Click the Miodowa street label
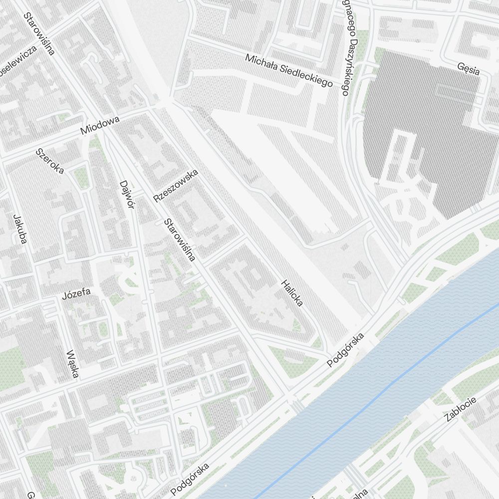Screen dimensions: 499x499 [100, 125]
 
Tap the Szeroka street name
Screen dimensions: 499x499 [50, 161]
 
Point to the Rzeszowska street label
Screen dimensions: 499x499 [176, 186]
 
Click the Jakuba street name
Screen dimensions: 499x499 [20, 229]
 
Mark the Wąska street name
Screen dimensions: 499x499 [72, 363]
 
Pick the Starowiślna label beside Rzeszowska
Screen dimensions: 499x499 [180, 240]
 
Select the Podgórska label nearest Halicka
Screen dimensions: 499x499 [346, 350]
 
